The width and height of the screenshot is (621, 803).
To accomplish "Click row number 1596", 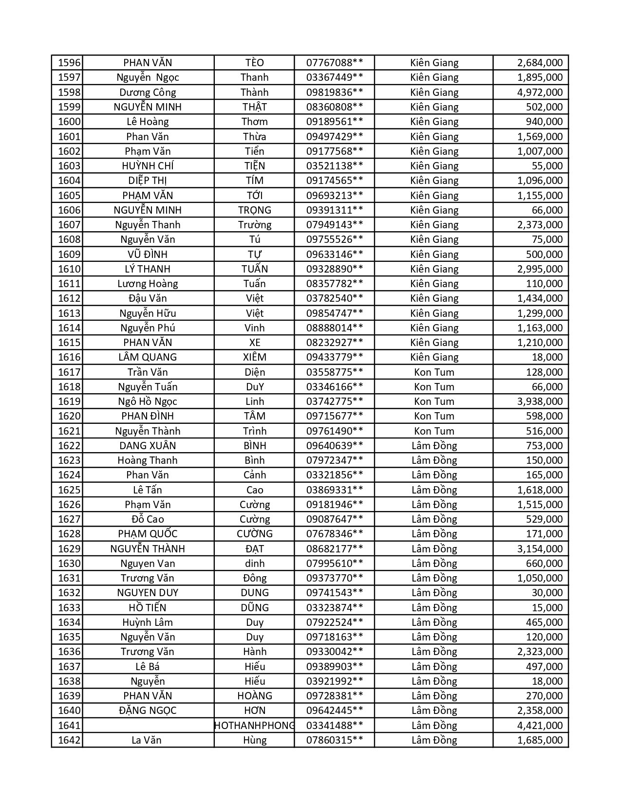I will click(69, 63).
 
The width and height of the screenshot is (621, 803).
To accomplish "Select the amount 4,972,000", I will click(540, 92).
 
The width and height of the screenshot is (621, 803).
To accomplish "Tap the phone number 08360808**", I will click(334, 107).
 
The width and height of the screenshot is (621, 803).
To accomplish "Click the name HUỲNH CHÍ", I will click(148, 166).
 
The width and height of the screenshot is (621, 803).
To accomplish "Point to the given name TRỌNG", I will click(254, 210).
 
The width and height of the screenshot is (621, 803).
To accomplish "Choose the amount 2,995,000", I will click(540, 269).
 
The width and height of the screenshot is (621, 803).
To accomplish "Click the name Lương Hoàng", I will click(148, 284).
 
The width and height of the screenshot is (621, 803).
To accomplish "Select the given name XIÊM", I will click(254, 357).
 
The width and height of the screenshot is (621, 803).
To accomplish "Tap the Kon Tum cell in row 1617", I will click(434, 372).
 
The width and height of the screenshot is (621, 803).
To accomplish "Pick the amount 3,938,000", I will click(540, 401).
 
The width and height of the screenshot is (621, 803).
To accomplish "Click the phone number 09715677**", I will click(334, 416).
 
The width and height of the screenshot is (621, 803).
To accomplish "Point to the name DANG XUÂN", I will click(148, 446).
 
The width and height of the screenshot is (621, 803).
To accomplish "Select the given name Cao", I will click(254, 490).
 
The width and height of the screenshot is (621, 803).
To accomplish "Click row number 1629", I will click(69, 549).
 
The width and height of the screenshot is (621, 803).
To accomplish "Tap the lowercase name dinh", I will click(254, 564).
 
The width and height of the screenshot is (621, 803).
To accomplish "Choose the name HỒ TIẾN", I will click(148, 608).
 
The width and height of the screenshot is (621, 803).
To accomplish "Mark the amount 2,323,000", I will click(540, 652).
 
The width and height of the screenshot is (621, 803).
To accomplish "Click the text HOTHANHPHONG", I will click(254, 726).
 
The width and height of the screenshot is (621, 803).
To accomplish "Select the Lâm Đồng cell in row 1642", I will click(434, 740).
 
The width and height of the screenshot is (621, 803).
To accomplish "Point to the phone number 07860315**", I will click(334, 740).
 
